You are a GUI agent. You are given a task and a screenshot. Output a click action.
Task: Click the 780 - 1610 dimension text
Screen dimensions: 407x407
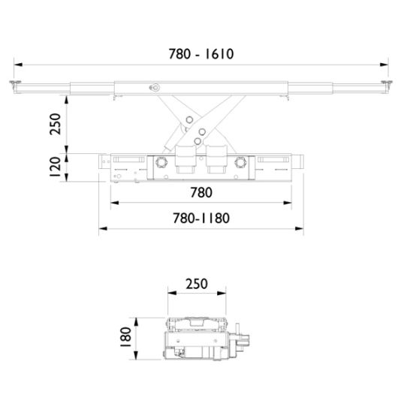tap(203, 54)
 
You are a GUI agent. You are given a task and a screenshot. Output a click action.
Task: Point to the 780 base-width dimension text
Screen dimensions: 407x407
tap(200, 193)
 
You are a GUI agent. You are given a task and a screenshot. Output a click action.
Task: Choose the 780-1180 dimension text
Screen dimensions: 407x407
tap(200, 219)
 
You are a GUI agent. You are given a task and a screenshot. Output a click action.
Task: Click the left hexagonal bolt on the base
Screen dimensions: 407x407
tap(159, 163)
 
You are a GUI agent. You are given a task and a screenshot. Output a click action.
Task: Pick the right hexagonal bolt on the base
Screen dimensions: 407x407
tap(241, 163)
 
